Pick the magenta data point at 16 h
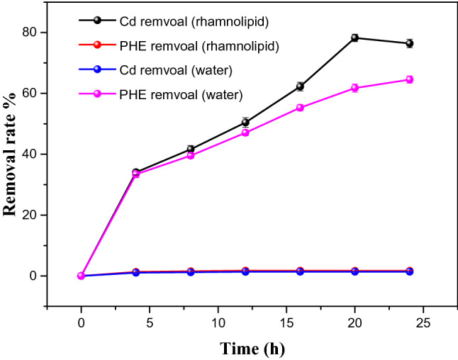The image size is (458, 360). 300,108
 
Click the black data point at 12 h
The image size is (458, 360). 245,122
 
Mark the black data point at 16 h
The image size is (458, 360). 300,86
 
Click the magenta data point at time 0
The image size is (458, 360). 82,276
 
